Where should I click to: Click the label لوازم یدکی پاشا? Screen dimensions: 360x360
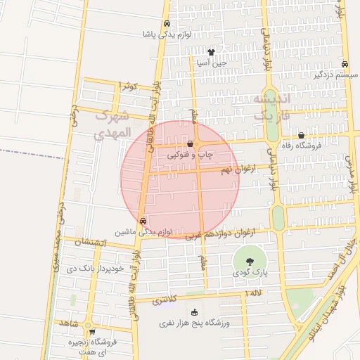click(157, 34)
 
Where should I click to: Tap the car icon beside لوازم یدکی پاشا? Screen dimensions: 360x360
click(166, 23)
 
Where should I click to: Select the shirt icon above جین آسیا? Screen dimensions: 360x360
click(211, 51)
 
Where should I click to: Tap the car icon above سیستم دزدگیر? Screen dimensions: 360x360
click(344, 63)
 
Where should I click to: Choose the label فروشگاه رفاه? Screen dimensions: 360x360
click(300, 146)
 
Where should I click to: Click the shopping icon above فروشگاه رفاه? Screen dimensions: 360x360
click(302, 136)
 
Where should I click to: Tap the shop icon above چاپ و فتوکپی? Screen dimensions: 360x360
click(190, 143)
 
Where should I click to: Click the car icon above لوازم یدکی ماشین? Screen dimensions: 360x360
click(143, 221)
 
